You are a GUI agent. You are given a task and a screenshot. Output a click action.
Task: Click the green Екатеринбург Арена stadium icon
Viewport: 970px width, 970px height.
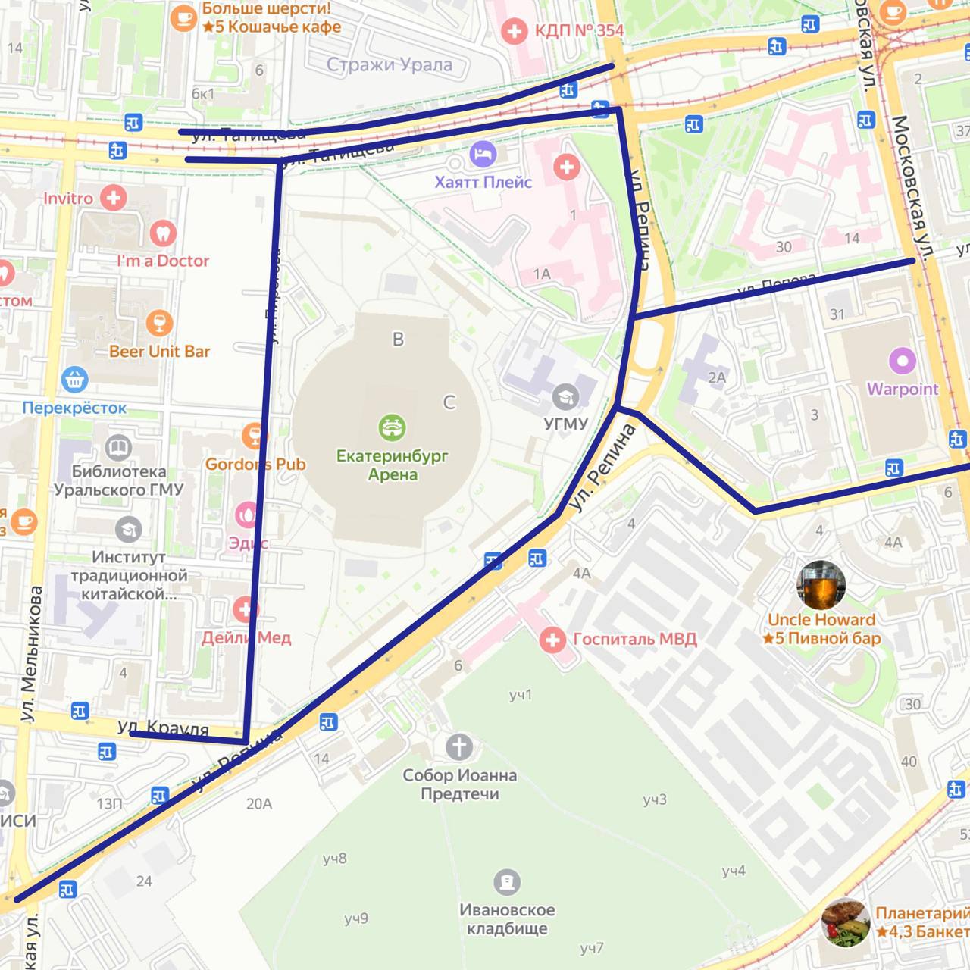[x=391, y=428]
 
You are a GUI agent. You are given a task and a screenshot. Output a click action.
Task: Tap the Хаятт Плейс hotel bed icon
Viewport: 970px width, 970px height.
[x=482, y=155]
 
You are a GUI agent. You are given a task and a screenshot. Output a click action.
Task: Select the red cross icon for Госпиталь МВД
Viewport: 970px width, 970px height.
[x=552, y=640]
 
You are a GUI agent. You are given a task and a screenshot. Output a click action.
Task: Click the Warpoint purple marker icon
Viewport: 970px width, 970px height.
[x=902, y=361]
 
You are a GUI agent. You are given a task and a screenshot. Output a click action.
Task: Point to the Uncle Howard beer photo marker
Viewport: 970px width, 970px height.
[x=821, y=586]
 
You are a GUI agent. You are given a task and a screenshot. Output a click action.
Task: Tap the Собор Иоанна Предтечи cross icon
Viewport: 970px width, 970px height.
[x=458, y=746]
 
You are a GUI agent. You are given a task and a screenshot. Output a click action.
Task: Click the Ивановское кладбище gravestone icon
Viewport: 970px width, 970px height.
[x=506, y=881]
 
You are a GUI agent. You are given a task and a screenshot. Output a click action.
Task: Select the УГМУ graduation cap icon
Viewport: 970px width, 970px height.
[x=565, y=396]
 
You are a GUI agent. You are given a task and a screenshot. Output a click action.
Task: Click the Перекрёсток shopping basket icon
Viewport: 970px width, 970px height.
[x=74, y=379]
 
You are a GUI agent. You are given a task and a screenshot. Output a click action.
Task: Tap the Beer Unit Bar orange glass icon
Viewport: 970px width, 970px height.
[x=159, y=324]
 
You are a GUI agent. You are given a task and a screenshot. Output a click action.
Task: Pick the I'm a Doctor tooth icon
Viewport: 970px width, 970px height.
[x=162, y=233]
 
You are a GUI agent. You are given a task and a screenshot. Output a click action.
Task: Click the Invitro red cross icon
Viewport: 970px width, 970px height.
[x=114, y=199]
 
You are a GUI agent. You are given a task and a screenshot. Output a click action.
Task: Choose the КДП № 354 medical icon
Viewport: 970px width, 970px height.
[x=515, y=31]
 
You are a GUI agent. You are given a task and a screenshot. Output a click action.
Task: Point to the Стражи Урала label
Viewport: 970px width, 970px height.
[x=389, y=65]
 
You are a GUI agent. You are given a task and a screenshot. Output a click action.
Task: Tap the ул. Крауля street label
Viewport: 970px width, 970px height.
[x=163, y=728]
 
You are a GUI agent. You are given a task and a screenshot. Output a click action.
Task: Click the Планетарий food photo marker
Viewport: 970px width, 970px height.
[x=845, y=922]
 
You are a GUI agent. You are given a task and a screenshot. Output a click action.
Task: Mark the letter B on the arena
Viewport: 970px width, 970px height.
[x=398, y=339]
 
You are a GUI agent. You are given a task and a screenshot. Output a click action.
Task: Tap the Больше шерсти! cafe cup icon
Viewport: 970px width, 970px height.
[x=183, y=17]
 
